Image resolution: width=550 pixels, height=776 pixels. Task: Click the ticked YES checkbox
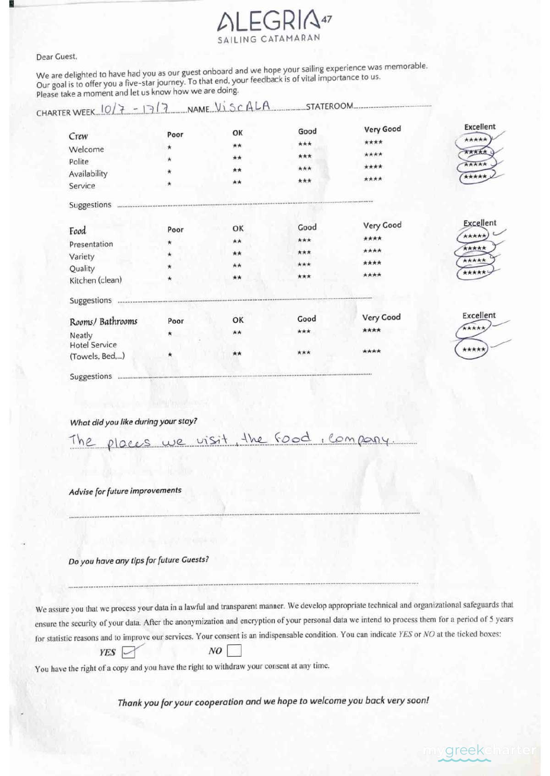(x=128, y=652)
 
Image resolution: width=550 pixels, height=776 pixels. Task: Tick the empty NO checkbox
(x=234, y=650)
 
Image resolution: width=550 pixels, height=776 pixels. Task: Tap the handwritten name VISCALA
(x=242, y=107)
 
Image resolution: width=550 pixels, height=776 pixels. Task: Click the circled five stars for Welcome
(x=475, y=140)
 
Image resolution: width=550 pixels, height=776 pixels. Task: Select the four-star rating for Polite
(x=373, y=155)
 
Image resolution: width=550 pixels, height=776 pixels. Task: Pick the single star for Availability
(x=170, y=172)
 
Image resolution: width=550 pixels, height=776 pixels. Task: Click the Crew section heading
(x=78, y=136)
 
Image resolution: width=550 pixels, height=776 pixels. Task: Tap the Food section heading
(x=77, y=231)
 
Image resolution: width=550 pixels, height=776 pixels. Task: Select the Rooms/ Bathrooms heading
(x=104, y=321)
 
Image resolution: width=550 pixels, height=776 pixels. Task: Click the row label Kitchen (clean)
(x=95, y=280)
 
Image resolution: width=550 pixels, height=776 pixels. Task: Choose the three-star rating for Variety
(x=304, y=252)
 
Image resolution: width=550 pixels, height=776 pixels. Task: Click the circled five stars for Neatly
(x=473, y=328)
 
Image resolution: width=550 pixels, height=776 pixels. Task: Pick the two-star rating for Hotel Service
(x=237, y=354)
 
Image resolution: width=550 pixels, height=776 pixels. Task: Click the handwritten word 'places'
(x=129, y=443)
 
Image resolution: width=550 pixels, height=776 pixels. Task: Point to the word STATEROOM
(x=329, y=106)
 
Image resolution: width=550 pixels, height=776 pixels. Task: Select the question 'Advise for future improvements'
(x=125, y=491)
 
